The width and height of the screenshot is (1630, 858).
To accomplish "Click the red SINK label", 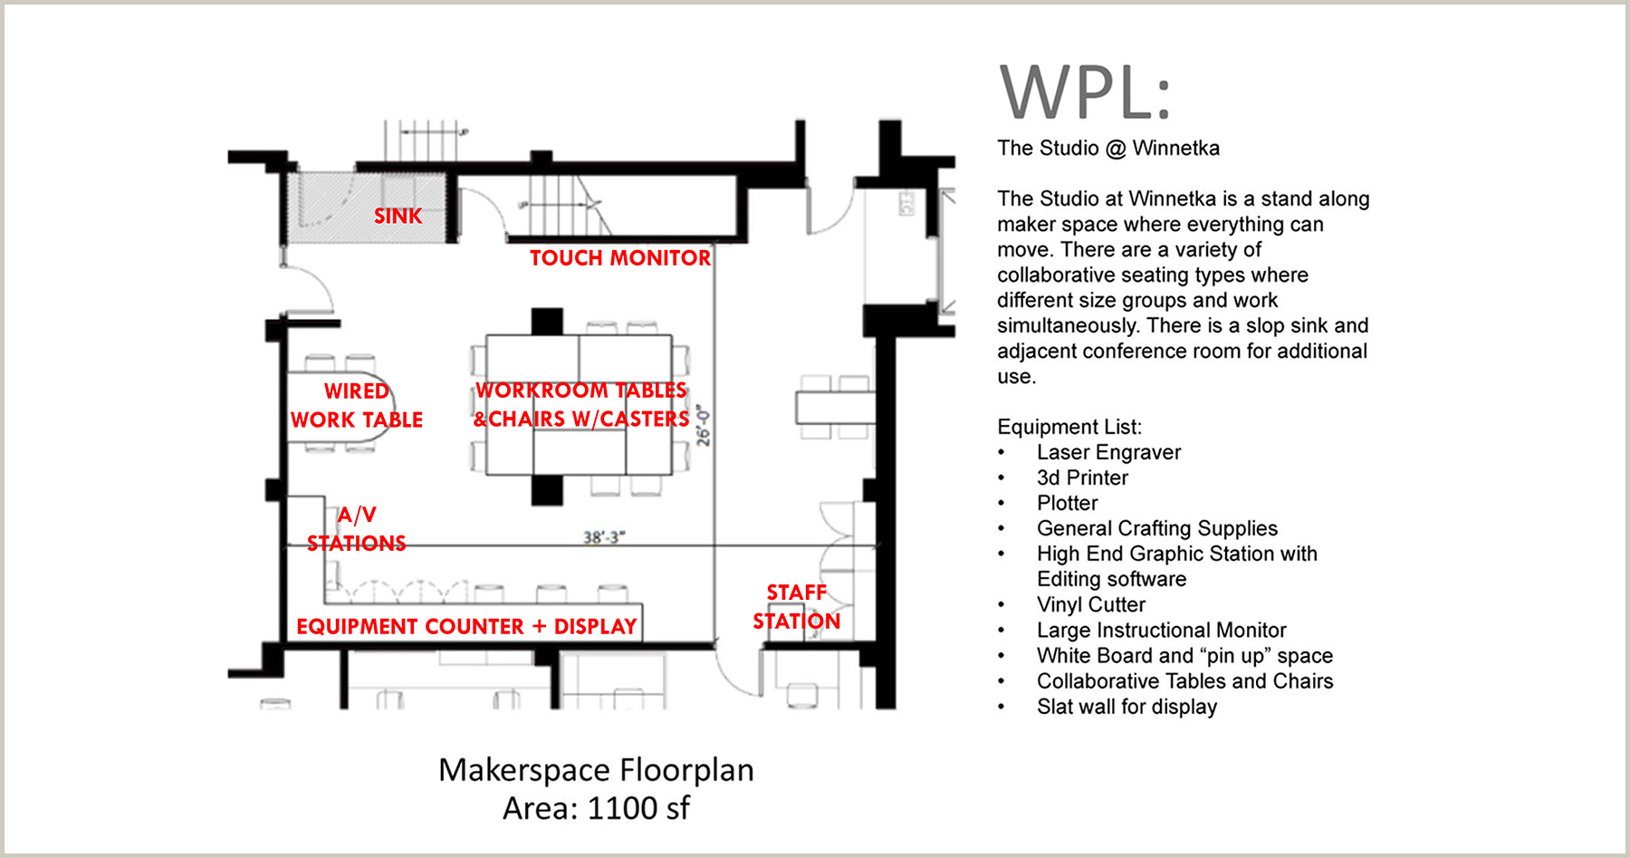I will pos(398,216).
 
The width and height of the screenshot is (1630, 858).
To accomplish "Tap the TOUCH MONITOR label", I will pos(620,258).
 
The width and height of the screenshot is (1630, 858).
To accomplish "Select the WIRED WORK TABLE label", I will pos(357,405).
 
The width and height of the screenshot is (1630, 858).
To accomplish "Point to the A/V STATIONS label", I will pos(356,529).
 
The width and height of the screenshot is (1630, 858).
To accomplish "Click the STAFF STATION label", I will pos(796,606).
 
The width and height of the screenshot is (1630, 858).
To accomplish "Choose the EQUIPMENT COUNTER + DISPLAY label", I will pos(466,627).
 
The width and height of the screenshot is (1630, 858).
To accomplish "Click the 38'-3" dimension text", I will pos(603,537).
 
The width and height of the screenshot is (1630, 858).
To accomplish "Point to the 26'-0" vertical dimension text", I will pos(704,427).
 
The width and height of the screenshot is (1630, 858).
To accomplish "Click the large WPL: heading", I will pos(1084,92).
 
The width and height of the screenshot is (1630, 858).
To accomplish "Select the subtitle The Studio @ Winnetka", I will pos(1108,148).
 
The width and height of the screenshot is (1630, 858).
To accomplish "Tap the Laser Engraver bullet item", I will pos(1108,452).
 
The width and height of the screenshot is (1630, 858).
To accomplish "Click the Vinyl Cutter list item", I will pos(1090,604).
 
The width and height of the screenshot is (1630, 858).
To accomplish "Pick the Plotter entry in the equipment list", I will pos(1067,503).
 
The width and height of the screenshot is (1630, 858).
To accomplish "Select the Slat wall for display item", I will pos(1127,707).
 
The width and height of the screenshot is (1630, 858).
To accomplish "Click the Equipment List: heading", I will pos(1069,427).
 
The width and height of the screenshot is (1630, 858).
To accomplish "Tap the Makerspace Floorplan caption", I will pos(596,770).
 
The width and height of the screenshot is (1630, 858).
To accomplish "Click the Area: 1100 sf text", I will pos(596,808).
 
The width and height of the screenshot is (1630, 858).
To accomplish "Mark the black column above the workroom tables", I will pos(547,321).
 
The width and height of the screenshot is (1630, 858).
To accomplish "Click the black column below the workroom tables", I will pos(547,490).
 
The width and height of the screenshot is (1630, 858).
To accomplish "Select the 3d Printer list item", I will pos(1082,477).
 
